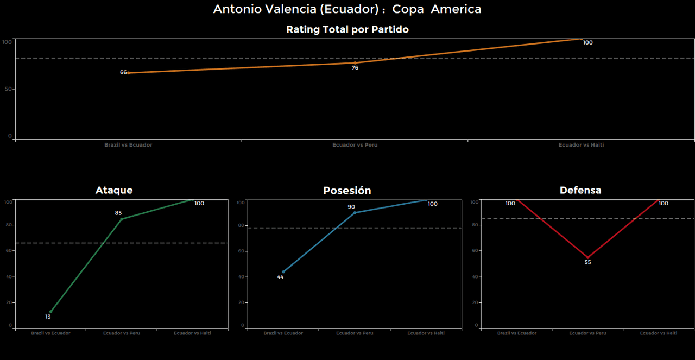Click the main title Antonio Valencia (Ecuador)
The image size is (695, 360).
click(347, 9)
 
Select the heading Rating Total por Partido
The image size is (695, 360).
click(347, 29)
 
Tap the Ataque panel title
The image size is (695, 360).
click(114, 190)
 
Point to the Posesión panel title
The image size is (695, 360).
click(347, 191)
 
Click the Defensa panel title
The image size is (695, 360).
click(580, 190)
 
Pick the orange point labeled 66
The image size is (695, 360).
click(128, 73)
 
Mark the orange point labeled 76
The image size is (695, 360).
click(355, 63)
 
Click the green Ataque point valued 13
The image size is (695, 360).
click(50, 312)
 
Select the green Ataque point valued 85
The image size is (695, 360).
click(122, 219)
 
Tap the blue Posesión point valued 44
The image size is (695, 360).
click(283, 271)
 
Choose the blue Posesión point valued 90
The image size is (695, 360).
click(355, 213)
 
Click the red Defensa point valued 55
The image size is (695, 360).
click(588, 257)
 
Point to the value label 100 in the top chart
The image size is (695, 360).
click(587, 42)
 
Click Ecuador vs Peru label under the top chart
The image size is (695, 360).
click(355, 145)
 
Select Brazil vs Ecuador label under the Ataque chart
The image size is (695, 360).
click(50, 333)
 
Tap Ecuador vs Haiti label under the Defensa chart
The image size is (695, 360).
click(659, 333)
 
